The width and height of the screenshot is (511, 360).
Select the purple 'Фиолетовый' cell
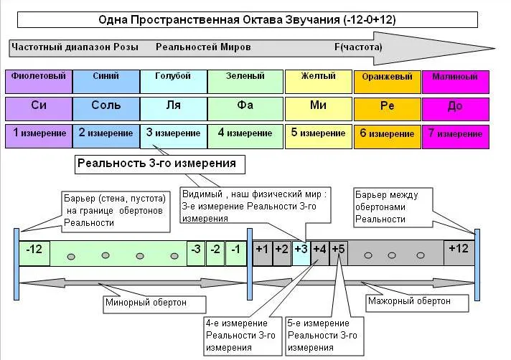coord(39,81)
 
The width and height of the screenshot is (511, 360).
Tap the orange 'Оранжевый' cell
coord(388,81)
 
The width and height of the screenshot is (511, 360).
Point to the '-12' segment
coord(34,251)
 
